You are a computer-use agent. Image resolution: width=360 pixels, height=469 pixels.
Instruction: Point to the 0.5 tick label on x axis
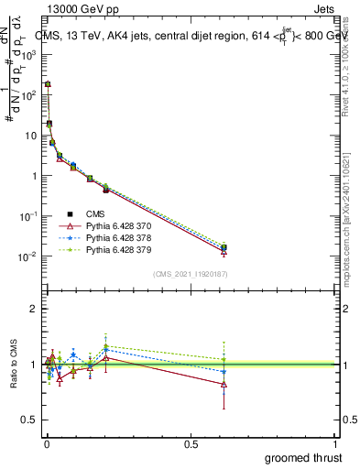(x=191, y=444)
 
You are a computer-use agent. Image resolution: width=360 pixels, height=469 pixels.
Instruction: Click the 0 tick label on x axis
(x=47, y=444)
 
